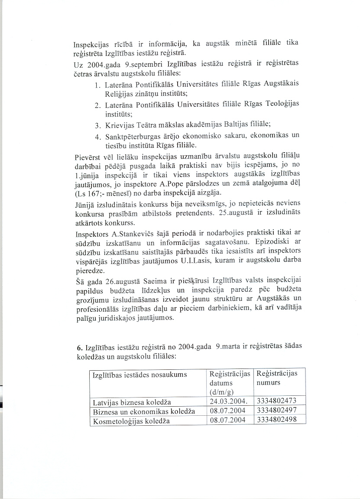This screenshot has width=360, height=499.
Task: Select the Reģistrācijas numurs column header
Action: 277,378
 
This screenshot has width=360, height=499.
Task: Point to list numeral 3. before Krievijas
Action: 97,126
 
